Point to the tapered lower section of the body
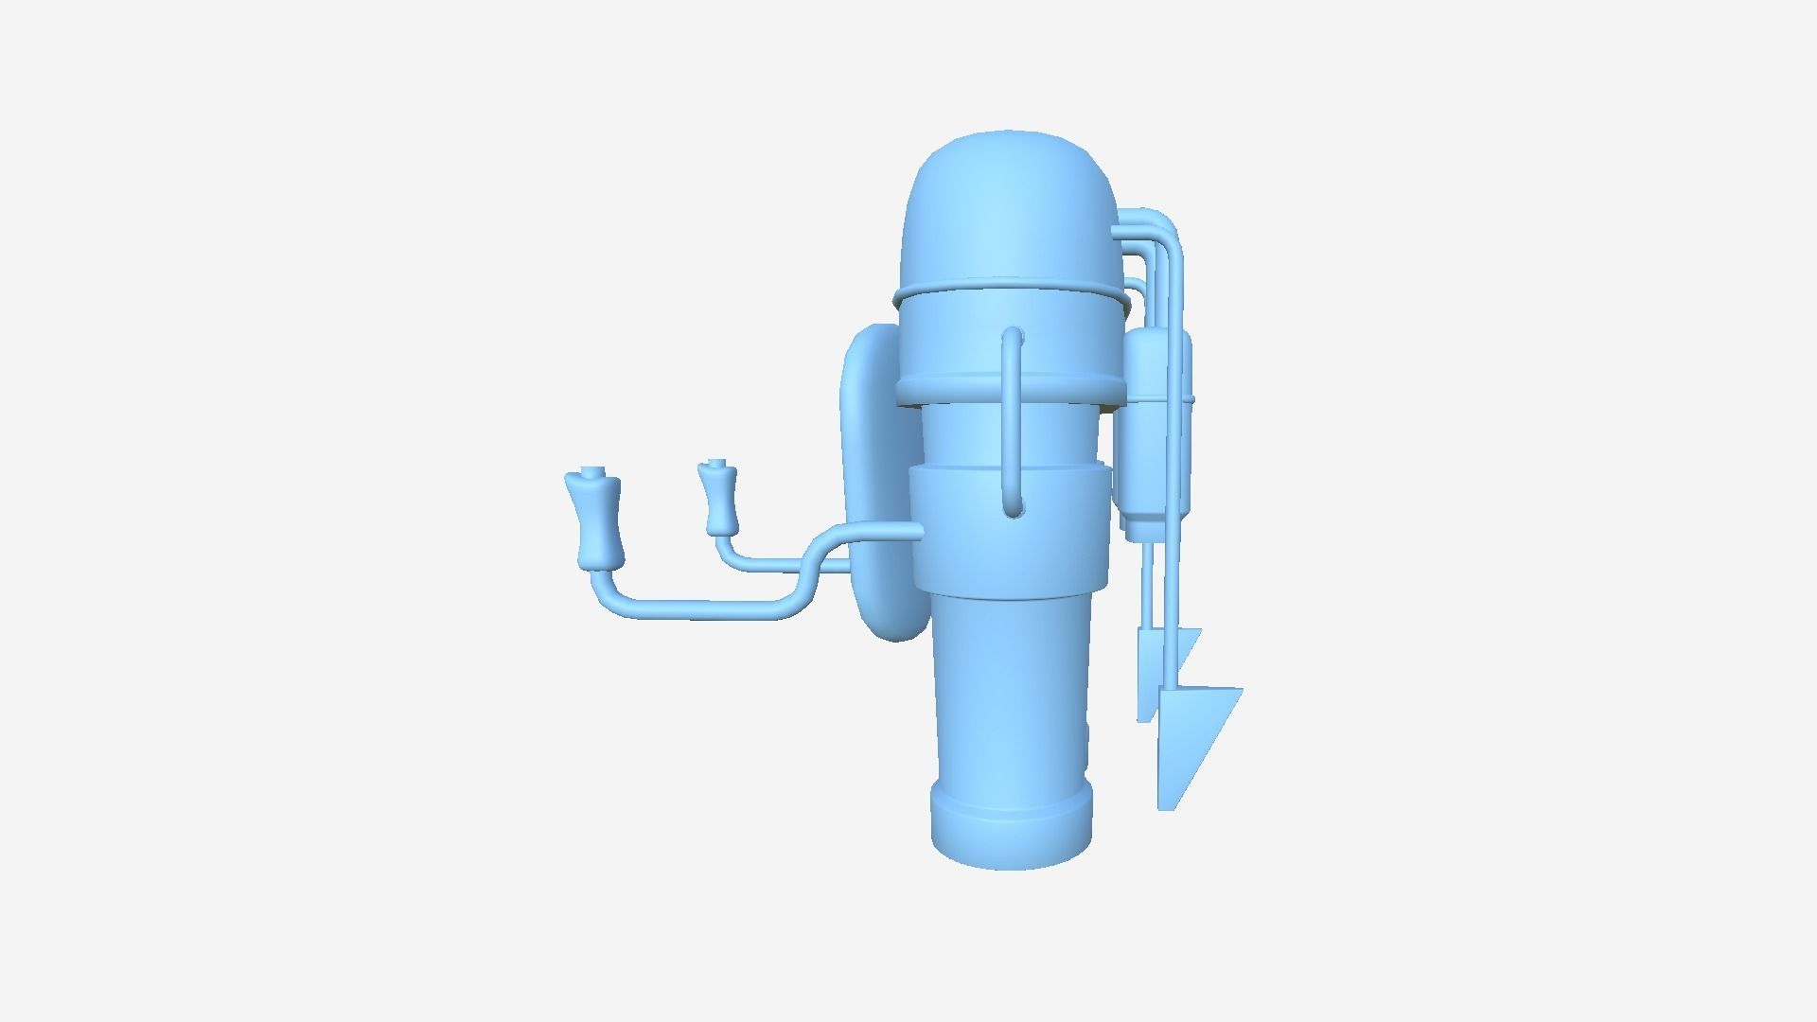(x=1010, y=691)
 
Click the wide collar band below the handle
(x=1010, y=530)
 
